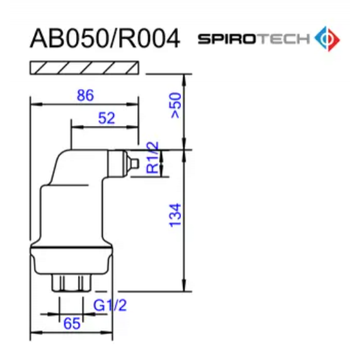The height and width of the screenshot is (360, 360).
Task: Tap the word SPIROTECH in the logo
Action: click(x=253, y=39)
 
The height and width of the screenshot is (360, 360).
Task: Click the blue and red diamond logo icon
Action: click(x=327, y=39)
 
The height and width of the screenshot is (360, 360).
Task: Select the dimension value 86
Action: click(x=85, y=96)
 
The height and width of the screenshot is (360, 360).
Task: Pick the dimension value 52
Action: click(x=106, y=118)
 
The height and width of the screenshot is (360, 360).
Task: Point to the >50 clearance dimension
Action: click(x=175, y=105)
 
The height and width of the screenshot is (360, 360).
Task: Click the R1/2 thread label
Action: click(x=152, y=158)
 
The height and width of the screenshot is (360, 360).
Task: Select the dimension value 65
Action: click(x=72, y=323)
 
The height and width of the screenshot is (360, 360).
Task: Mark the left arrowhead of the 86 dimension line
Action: click(x=34, y=103)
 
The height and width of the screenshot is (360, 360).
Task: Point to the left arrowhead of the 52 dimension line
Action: click(x=74, y=126)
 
